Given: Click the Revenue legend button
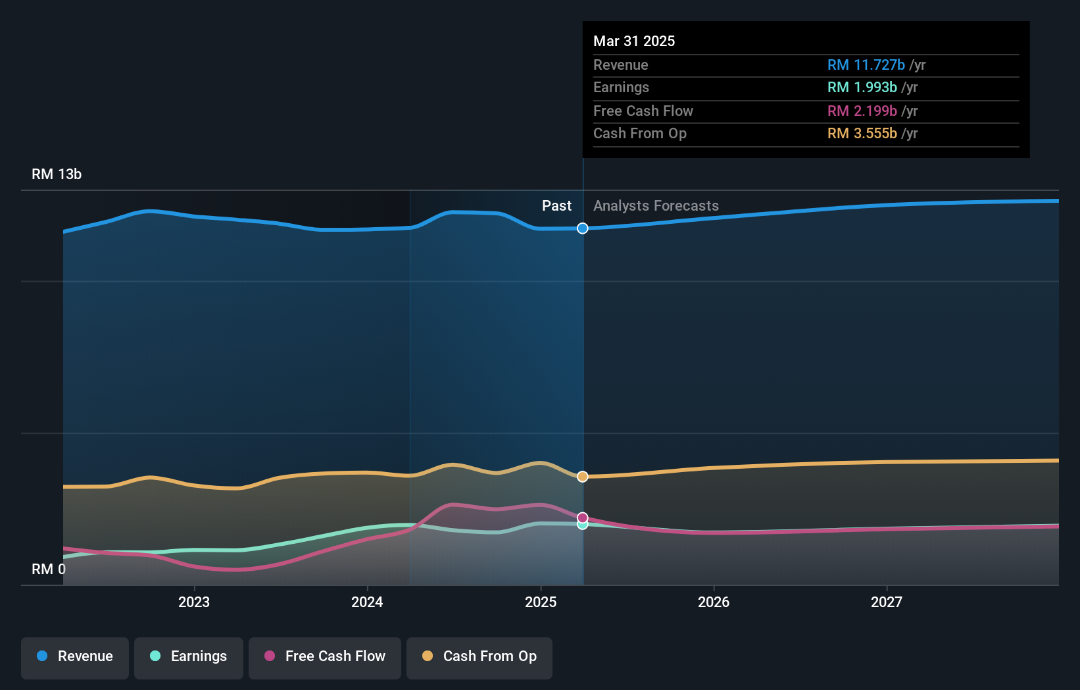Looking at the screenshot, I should point(75,656).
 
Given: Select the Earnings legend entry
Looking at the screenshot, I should point(189,656).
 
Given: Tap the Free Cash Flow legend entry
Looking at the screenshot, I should point(325,656).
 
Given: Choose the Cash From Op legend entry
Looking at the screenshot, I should point(479,656).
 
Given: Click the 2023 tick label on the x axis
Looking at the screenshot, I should point(194,602).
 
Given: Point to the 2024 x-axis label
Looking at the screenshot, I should point(367,602).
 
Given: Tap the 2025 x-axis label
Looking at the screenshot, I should point(541,602).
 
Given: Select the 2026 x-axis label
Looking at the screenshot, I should point(714,602).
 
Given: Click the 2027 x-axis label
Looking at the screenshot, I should point(887,602).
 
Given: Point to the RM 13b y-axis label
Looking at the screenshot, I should point(57,174).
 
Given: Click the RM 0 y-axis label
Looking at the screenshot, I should point(49,569).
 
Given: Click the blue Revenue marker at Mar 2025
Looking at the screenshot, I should point(583,228).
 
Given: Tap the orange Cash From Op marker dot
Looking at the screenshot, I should point(583,477).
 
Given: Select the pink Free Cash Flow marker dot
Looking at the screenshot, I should point(583,517).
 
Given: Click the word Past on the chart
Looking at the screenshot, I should point(556,206).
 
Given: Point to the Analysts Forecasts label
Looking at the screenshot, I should point(656,206).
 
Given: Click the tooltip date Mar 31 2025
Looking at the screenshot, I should point(634,41).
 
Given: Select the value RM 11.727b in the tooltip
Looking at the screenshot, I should point(866,65).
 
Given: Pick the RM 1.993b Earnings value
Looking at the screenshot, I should point(862,88).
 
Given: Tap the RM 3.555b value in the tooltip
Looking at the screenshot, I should point(862,134).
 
